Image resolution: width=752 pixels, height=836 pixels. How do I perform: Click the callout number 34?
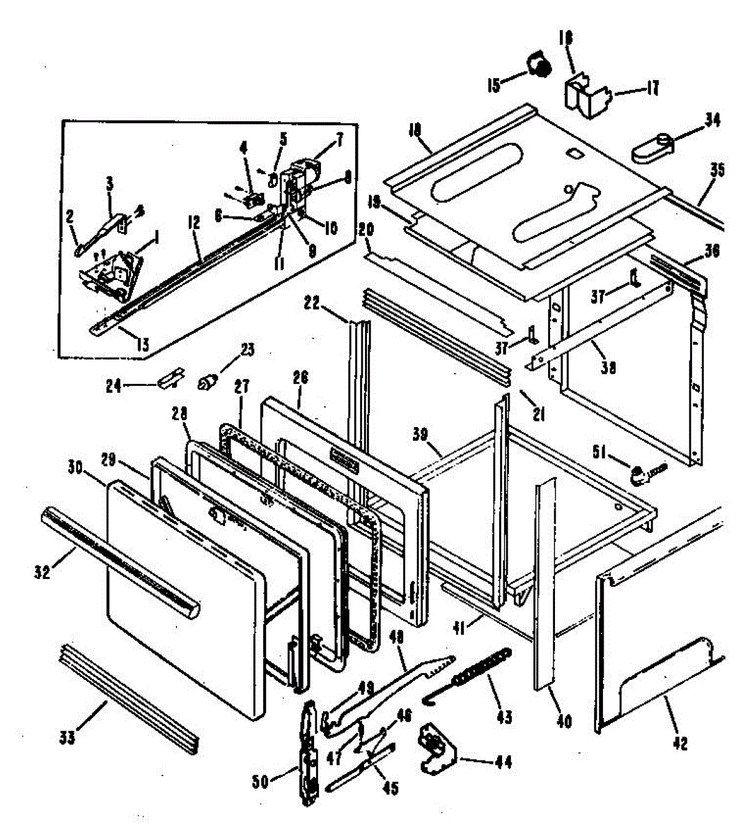pos(712,121)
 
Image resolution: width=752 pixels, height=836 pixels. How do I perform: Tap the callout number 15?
pos(494,86)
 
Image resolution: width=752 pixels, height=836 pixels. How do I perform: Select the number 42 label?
pos(680,743)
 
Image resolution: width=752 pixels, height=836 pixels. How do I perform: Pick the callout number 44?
pos(503,762)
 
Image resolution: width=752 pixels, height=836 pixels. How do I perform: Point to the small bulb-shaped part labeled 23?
pos(207,381)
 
